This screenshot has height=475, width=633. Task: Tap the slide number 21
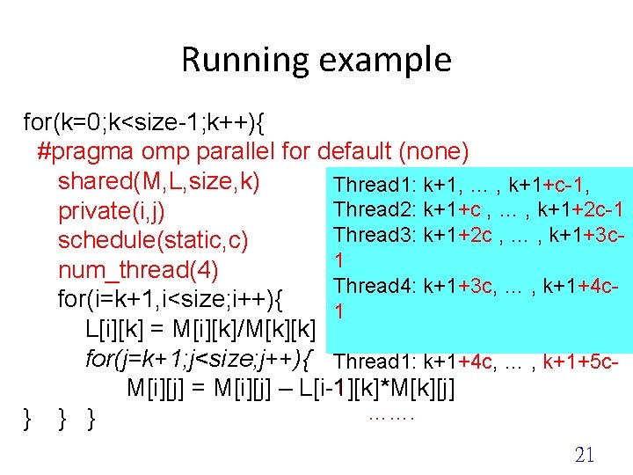[585, 454]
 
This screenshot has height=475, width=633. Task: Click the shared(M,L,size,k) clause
[158, 181]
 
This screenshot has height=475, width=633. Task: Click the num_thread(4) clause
[138, 269]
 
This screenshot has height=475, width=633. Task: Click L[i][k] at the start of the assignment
[116, 330]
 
